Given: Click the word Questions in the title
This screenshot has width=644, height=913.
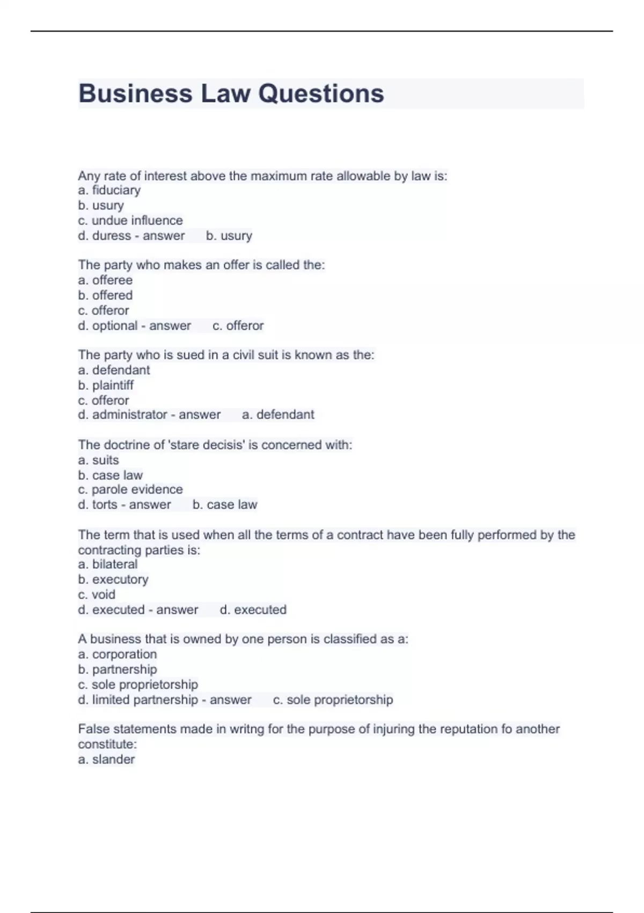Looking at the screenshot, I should [x=321, y=93].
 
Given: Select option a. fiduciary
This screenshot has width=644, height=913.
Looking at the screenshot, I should [x=109, y=190].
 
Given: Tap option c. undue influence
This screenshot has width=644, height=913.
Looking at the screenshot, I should [x=130, y=220].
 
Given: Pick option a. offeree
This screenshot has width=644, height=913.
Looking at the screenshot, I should [x=105, y=280].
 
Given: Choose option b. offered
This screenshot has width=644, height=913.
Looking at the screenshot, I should [x=105, y=295].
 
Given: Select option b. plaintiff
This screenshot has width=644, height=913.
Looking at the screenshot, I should [x=106, y=385].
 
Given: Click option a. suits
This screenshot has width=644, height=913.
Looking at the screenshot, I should [x=99, y=460].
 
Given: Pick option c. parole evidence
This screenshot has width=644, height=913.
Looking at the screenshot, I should [x=130, y=489].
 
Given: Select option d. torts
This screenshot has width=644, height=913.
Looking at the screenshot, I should [x=98, y=505].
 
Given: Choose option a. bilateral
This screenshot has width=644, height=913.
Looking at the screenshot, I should [x=108, y=564].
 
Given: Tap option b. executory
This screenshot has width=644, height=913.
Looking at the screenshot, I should [x=113, y=579].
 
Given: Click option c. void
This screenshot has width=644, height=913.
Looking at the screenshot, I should [x=97, y=595].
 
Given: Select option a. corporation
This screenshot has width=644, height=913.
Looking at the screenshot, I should [x=118, y=654].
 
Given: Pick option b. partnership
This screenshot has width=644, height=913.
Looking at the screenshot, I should [x=118, y=669].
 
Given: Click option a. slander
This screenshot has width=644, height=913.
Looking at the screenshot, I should [x=106, y=759].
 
